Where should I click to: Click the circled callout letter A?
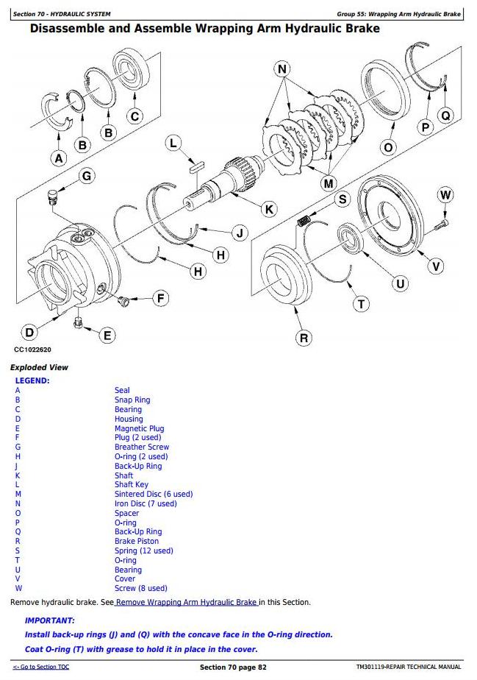click(x=59, y=157)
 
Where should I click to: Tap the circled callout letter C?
click(x=135, y=116)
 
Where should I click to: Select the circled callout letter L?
click(x=173, y=143)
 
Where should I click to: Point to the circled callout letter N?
click(x=282, y=70)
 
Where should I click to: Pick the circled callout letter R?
click(x=304, y=338)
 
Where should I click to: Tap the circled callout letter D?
click(x=28, y=333)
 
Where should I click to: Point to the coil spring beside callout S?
click(x=304, y=219)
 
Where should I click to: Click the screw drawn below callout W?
click(x=443, y=223)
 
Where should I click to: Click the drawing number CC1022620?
click(x=33, y=350)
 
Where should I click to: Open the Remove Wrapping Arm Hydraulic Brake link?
click(x=186, y=602)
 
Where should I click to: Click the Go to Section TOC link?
click(x=41, y=667)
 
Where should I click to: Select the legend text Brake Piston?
click(x=136, y=541)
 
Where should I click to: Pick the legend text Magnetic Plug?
click(x=139, y=428)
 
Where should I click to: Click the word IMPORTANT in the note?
click(x=50, y=620)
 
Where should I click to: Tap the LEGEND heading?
click(x=32, y=380)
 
